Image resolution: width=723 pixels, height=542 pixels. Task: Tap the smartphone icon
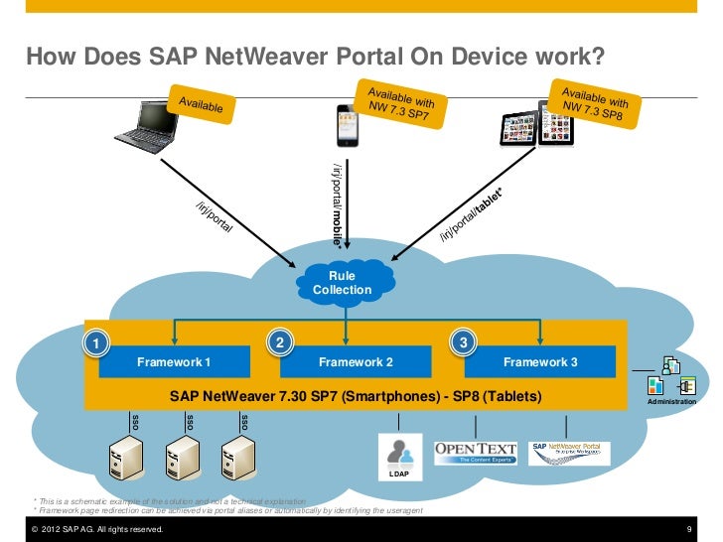pos(345,122)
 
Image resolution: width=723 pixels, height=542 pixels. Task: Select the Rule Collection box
pos(342,283)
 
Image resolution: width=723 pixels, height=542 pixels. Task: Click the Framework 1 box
pos(174,362)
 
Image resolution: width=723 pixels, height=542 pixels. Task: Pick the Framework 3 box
pos(540,362)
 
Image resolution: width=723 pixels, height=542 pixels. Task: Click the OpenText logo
pos(476,452)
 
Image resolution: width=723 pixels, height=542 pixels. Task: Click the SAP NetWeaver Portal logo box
pos(572,452)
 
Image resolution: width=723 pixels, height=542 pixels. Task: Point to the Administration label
pos(671,402)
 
